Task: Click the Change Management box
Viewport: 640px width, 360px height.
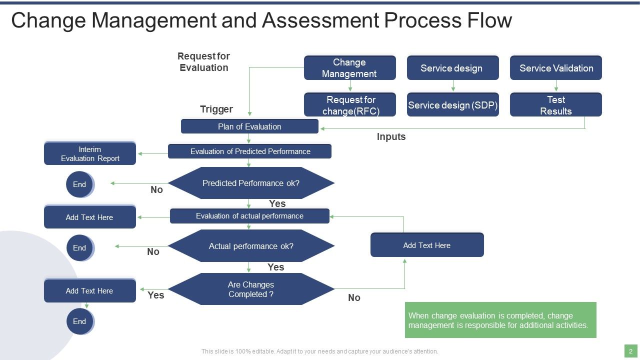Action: pos(349,68)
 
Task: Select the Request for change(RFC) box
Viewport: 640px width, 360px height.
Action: pos(349,105)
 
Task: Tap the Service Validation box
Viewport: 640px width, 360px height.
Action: pos(555,68)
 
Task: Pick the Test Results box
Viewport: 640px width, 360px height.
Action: pos(555,105)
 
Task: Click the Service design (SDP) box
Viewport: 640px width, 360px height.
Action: pos(452,105)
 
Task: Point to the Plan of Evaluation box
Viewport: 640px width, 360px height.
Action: pos(249,126)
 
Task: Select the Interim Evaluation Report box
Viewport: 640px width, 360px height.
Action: pos(90,153)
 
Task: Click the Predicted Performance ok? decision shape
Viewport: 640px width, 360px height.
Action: pos(250,183)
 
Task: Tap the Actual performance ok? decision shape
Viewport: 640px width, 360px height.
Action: pos(250,246)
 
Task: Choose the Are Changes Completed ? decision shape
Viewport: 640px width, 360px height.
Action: pos(250,289)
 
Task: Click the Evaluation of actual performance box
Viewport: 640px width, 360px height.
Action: pos(249,216)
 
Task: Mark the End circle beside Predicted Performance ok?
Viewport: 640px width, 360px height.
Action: pos(79,184)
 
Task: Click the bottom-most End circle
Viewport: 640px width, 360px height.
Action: pos(79,321)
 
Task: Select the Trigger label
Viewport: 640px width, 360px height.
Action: pos(216,109)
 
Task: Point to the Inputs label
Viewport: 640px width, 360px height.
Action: pos(391,136)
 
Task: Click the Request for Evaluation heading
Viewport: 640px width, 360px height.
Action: pos(203,62)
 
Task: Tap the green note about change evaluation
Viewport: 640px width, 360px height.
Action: pos(500,320)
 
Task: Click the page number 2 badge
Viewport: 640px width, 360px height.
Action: pos(630,351)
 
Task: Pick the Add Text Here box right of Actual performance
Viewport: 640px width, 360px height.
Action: pos(427,245)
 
